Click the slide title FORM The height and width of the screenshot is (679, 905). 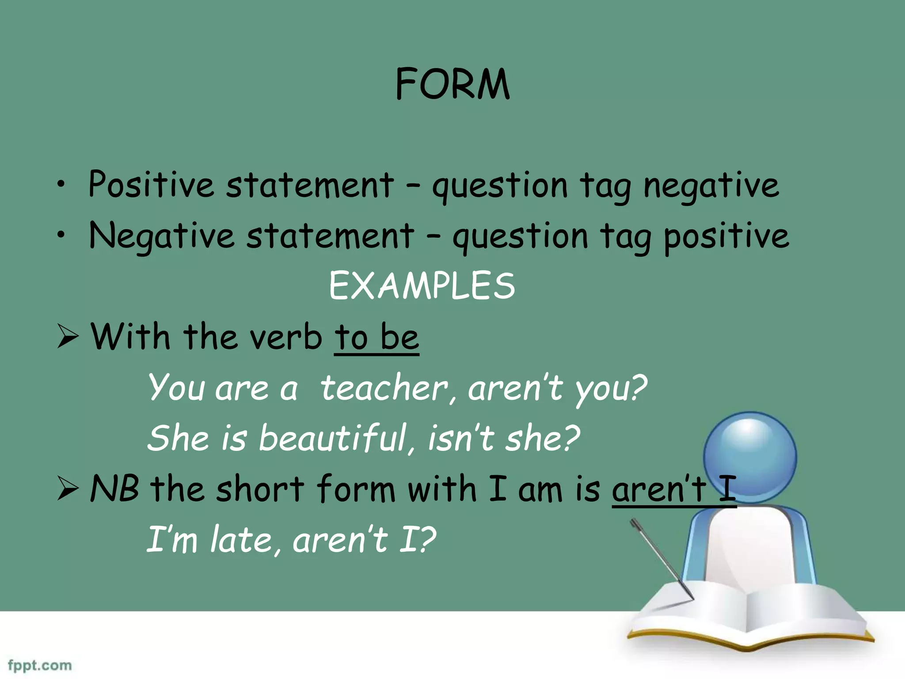point(452,84)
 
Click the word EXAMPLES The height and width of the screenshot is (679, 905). point(422,286)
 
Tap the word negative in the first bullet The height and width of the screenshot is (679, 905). point(711,186)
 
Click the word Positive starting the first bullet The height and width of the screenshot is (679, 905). point(151,184)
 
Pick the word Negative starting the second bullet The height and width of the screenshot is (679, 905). point(161,236)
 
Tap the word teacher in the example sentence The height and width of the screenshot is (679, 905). point(384,388)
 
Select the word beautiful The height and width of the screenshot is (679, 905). point(332,438)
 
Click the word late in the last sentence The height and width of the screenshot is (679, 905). point(241,540)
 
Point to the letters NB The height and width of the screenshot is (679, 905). point(114,489)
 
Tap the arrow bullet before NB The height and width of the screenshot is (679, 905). point(68,489)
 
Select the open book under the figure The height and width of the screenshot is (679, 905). point(747,619)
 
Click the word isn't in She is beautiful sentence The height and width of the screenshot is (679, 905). point(461,438)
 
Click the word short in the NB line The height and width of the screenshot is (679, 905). point(260,489)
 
